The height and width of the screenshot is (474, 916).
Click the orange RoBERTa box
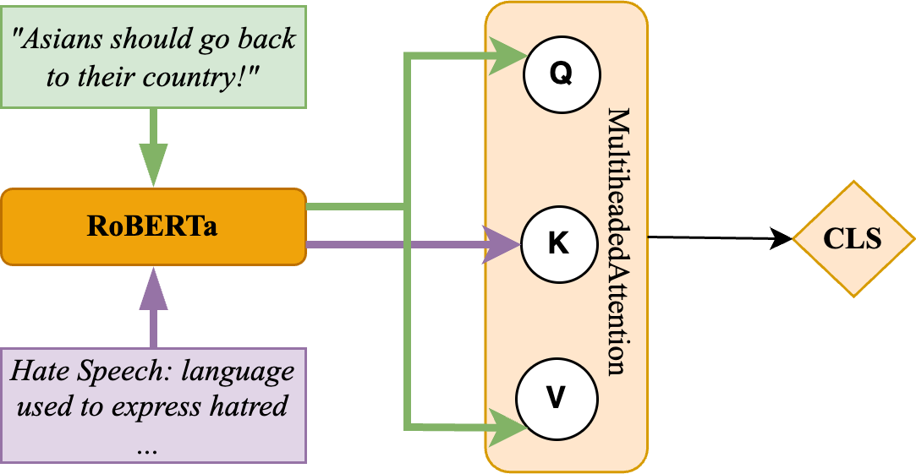click(153, 226)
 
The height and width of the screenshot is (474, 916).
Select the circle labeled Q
click(561, 74)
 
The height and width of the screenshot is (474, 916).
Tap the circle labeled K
click(558, 244)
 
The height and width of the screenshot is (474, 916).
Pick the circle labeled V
click(556, 397)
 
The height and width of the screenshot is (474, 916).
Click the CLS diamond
click(853, 238)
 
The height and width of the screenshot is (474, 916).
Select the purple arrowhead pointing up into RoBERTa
click(153, 283)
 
